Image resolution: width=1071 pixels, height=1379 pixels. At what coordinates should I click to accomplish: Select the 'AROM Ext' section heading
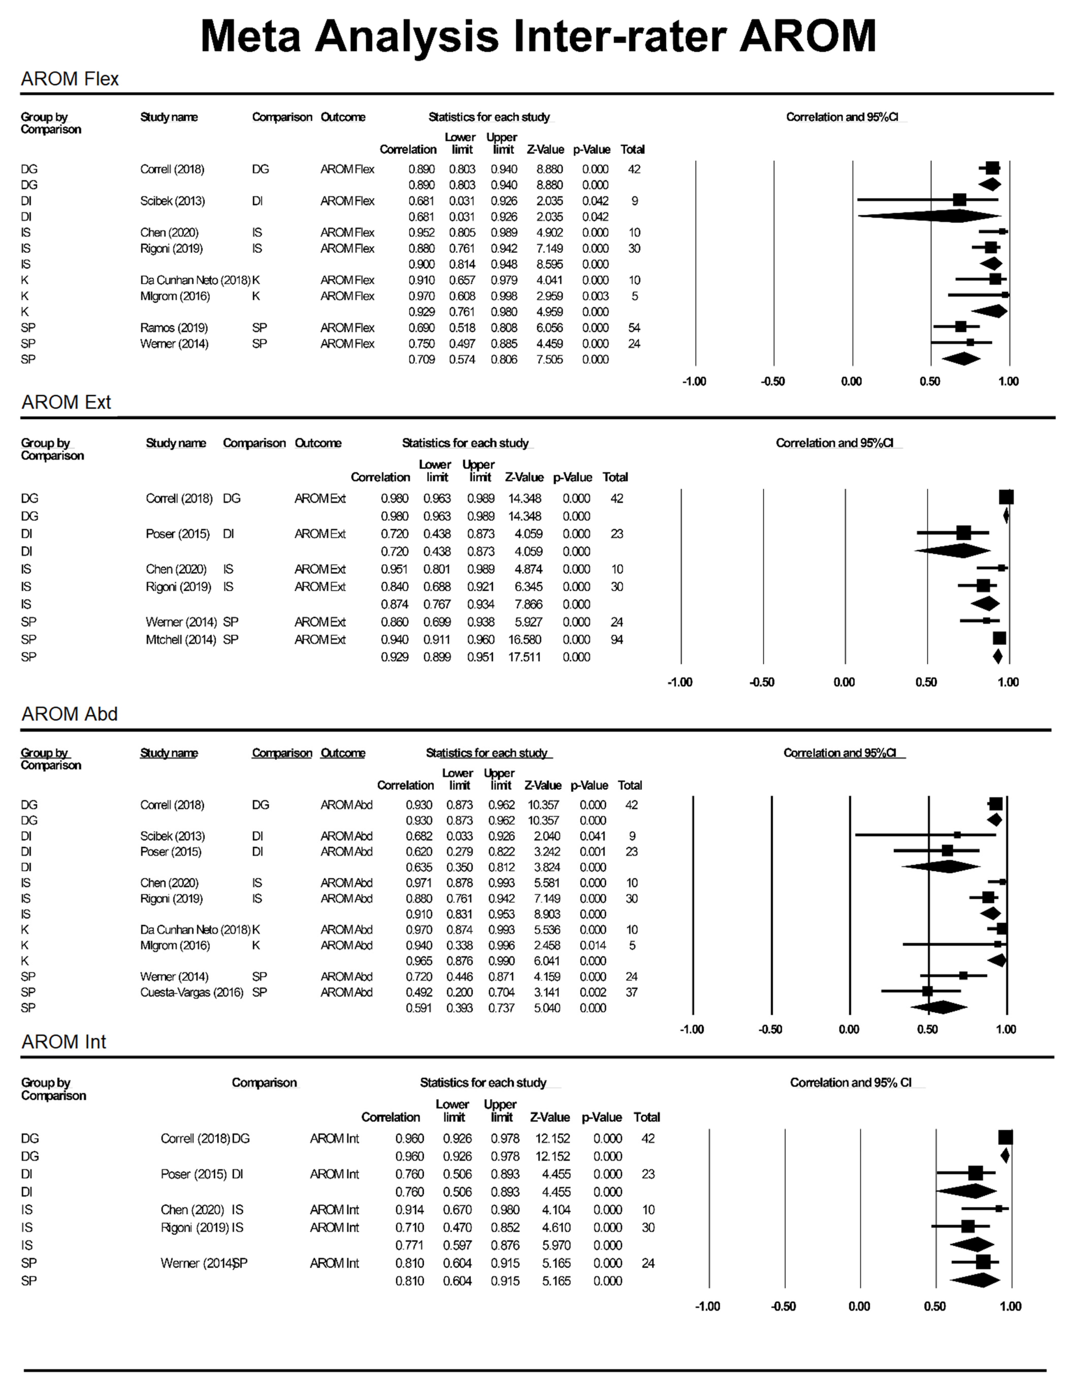click(66, 402)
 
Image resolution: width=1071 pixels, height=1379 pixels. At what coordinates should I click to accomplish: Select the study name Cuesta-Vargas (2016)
click(191, 992)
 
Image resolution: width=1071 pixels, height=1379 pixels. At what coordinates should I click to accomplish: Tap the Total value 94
click(616, 640)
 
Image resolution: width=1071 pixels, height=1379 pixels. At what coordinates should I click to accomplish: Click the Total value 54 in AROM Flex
click(634, 328)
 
